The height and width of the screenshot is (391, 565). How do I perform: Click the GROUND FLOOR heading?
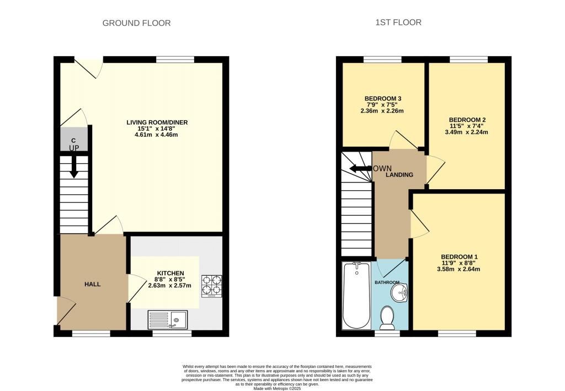coord(137,23)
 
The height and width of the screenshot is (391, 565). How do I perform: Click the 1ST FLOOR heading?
coord(398,22)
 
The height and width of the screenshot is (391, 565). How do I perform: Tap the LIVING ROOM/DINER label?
coord(157,122)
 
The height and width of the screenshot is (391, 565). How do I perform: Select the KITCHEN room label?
coord(170,274)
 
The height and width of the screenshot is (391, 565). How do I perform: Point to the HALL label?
coord(93,284)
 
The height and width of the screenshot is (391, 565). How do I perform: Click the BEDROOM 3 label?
coord(383,98)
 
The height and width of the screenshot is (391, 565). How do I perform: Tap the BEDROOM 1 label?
coord(460,256)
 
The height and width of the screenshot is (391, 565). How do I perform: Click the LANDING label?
coord(399,175)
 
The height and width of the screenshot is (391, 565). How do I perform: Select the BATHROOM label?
coord(387,282)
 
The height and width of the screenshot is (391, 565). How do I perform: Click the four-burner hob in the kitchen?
coord(211,286)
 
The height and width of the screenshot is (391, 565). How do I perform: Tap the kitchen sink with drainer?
coord(168,320)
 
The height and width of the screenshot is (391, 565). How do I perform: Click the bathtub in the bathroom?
coord(356,295)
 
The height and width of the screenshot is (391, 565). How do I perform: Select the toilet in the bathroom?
coord(387,318)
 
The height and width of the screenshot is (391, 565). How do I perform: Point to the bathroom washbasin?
coord(399,292)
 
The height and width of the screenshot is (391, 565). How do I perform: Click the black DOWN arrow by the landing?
coord(360,169)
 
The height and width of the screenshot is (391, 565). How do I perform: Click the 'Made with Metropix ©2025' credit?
coord(277,388)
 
